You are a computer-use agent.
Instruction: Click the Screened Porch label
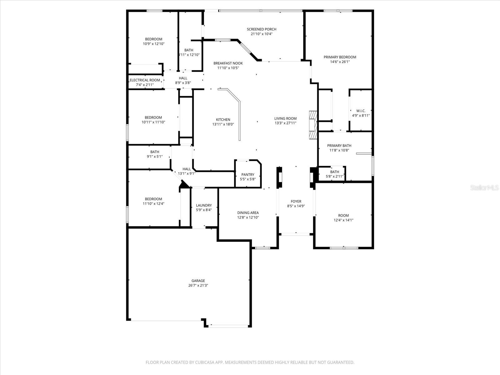click(262, 29)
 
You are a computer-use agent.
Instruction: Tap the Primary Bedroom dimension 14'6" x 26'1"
click(340, 62)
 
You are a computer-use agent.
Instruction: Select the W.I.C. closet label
click(361, 111)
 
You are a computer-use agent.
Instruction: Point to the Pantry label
click(248, 175)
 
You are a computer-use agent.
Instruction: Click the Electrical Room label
click(145, 80)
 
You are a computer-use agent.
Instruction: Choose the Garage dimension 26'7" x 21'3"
click(198, 286)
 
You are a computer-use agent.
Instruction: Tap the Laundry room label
click(204, 205)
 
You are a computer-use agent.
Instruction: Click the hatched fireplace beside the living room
click(313, 125)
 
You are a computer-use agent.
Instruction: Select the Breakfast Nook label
click(228, 63)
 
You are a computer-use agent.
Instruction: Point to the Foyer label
click(296, 202)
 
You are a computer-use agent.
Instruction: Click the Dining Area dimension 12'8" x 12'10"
click(248, 217)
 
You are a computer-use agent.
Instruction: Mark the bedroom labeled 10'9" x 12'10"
click(153, 42)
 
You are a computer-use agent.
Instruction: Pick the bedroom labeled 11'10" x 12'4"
click(153, 201)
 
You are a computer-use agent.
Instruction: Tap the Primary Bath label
click(339, 146)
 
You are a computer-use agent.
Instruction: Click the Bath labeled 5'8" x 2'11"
click(334, 174)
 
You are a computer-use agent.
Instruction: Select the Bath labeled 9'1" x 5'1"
click(155, 154)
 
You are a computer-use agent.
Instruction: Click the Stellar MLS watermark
click(484, 188)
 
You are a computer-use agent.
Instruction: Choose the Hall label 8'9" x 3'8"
click(183, 80)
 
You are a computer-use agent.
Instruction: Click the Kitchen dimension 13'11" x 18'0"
click(223, 124)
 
